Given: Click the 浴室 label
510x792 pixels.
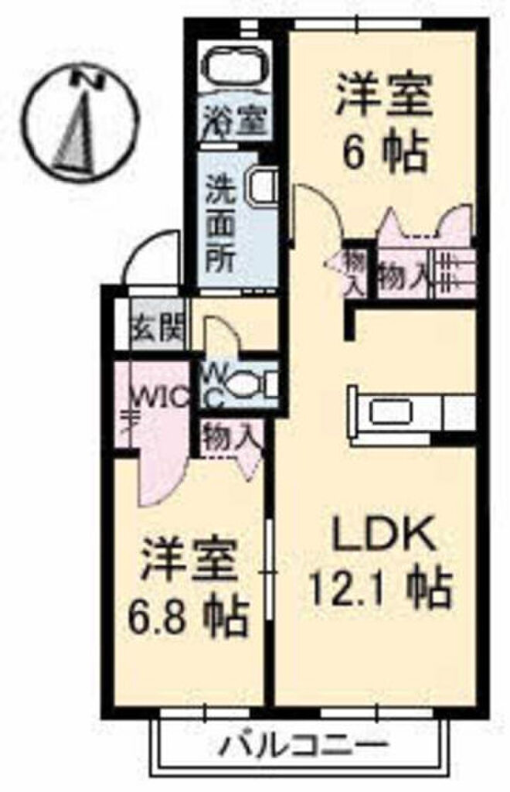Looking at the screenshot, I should coord(236,122).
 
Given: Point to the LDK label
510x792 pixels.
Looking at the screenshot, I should coord(380,534).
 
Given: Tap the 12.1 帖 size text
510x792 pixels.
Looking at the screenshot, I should coord(379,589).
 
